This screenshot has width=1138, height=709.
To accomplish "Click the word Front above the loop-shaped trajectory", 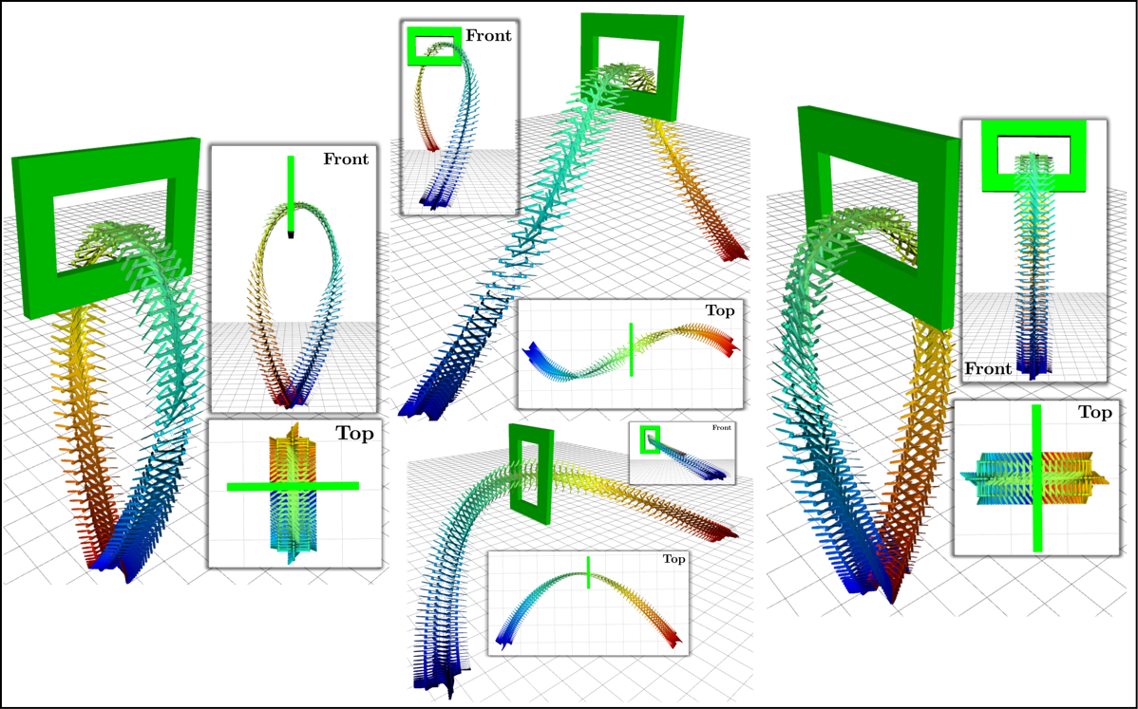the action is click(x=346, y=159).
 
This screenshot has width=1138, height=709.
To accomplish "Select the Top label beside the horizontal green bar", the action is click(x=354, y=434).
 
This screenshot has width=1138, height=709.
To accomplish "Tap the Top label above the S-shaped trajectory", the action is click(x=720, y=310).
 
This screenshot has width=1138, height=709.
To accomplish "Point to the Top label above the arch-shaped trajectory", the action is click(x=673, y=559).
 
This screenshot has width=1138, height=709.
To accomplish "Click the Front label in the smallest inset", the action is click(x=721, y=428).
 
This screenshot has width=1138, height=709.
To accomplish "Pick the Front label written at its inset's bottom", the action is click(x=988, y=369).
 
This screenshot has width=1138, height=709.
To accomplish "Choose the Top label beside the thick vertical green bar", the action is click(x=1094, y=413).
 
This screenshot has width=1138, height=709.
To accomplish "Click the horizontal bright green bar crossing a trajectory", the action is click(x=294, y=486).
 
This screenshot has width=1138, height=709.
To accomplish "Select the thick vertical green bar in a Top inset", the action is click(x=1037, y=477).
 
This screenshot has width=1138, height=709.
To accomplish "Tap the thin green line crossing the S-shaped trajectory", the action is click(x=632, y=349).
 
